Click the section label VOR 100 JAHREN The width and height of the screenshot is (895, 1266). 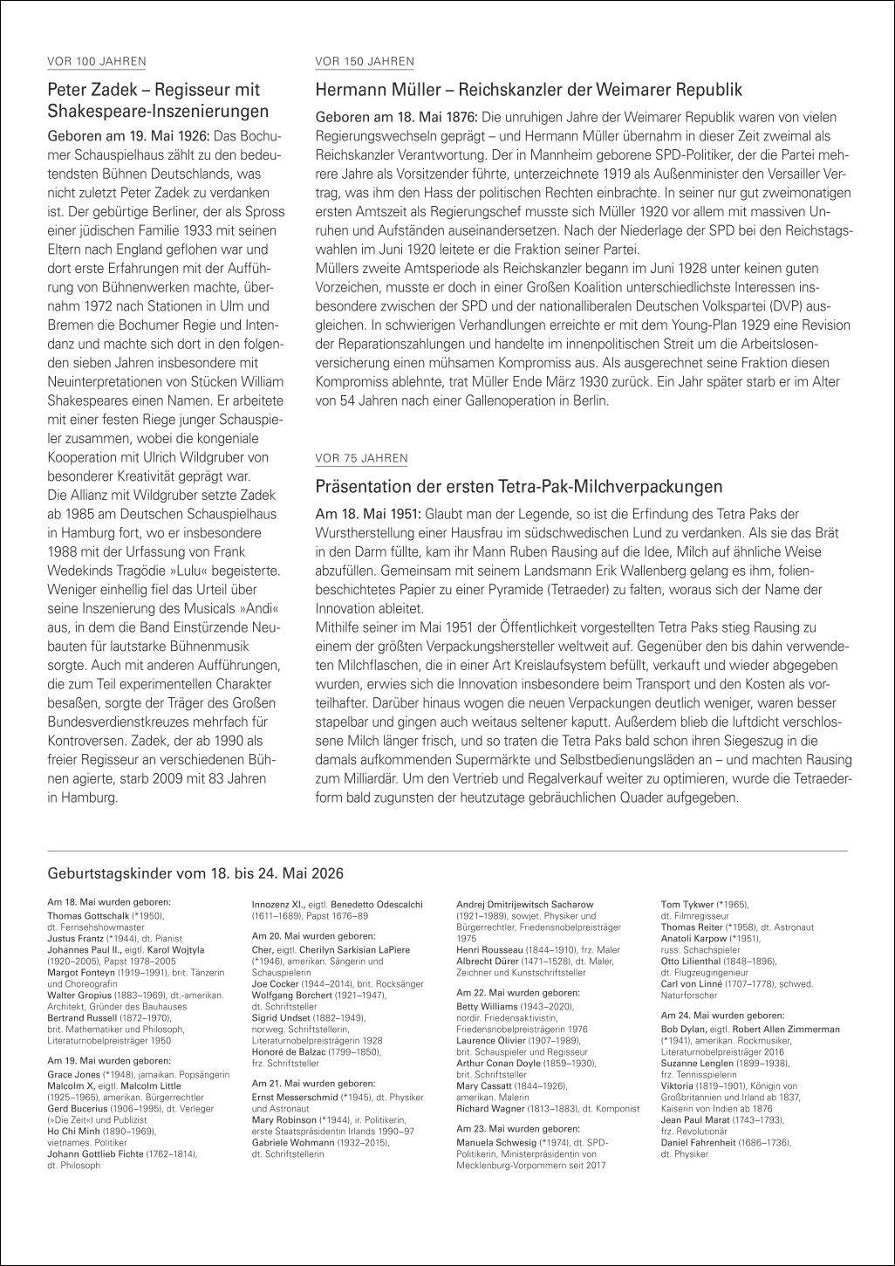click(x=96, y=61)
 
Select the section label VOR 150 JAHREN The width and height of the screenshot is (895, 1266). click(x=364, y=61)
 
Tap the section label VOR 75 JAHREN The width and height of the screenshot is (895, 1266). click(x=360, y=458)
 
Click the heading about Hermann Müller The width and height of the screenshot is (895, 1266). click(x=528, y=89)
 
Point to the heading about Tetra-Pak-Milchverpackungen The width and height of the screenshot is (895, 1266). click(x=518, y=485)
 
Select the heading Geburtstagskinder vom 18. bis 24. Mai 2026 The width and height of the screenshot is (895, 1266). click(x=195, y=873)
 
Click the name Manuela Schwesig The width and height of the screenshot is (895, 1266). click(x=498, y=1141)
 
